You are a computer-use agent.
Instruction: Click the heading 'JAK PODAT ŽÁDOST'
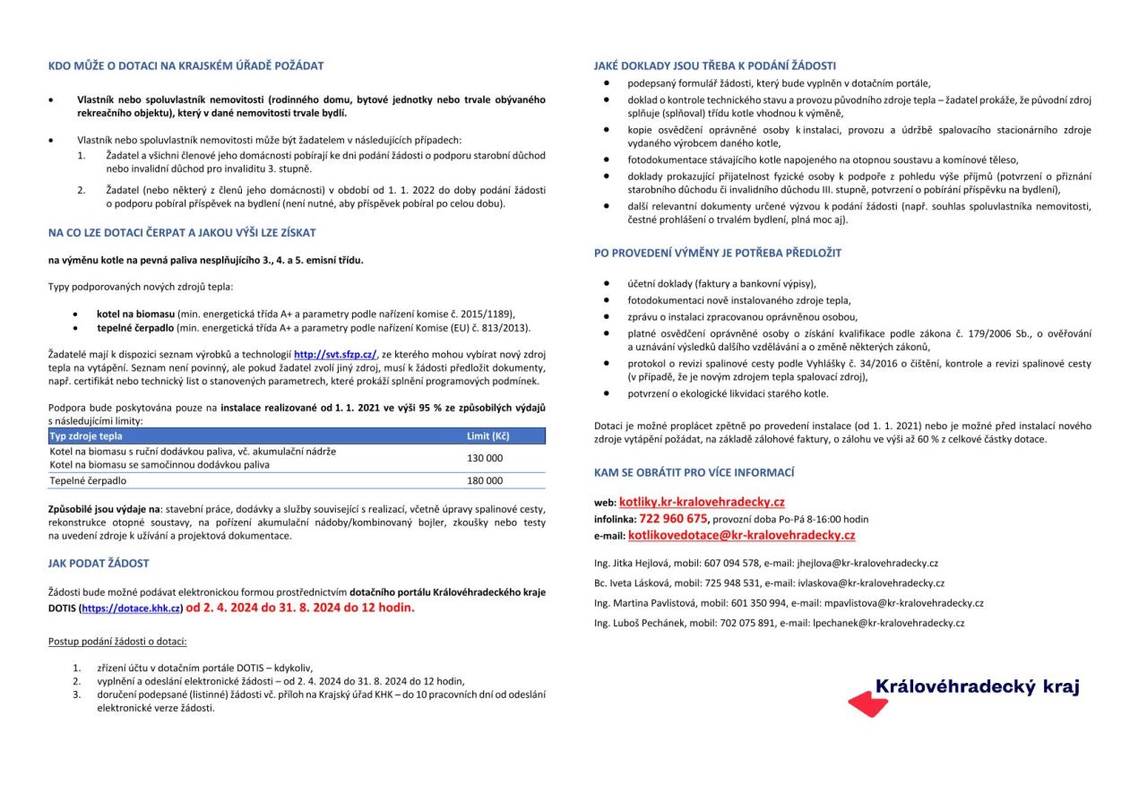(x=99, y=564)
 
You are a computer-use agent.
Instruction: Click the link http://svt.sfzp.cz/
(x=336, y=355)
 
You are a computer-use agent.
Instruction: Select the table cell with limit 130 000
(x=485, y=458)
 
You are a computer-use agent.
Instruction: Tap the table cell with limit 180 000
(x=485, y=480)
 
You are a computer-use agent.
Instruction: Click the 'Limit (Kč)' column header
(x=488, y=436)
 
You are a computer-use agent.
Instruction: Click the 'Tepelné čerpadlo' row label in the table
(x=87, y=480)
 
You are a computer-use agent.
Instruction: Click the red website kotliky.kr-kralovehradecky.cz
(x=702, y=502)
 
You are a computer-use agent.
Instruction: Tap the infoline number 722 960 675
(x=674, y=518)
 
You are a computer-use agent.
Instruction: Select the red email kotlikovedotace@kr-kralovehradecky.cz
(x=741, y=535)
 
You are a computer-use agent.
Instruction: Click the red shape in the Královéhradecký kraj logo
(x=867, y=705)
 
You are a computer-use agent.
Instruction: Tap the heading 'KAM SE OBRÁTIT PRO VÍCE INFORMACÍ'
(x=694, y=472)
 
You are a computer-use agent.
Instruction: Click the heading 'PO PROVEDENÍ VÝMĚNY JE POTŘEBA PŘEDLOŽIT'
(x=717, y=253)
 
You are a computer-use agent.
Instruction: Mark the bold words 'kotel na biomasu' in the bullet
(x=135, y=314)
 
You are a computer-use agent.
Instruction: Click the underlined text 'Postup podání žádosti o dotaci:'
(x=117, y=642)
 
